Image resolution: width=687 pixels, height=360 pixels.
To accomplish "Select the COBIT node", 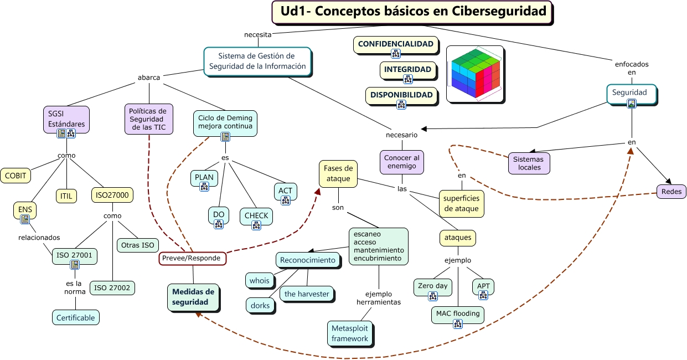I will (16, 176).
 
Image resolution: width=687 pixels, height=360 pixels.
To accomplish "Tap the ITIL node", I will (66, 196).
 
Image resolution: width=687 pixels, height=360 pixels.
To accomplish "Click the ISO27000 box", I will (112, 195).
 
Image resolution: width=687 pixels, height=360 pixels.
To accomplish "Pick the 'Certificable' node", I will (76, 317).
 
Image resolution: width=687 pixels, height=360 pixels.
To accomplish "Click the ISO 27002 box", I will (112, 287).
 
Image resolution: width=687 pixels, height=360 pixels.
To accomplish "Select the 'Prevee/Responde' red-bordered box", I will (192, 258).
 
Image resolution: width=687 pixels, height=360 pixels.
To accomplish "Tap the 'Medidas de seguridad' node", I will (193, 297).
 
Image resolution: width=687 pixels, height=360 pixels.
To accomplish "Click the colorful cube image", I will (475, 74).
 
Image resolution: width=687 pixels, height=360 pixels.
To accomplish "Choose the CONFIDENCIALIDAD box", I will (395, 44).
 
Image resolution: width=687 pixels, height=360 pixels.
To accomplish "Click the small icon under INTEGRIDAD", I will (408, 79).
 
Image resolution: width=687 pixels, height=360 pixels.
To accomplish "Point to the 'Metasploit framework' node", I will (350, 333).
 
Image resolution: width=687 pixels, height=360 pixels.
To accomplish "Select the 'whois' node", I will (259, 281).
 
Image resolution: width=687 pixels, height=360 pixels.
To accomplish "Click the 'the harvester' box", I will (307, 294).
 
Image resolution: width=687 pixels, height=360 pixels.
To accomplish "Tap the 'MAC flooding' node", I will (458, 314).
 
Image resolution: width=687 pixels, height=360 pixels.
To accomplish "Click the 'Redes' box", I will (671, 192).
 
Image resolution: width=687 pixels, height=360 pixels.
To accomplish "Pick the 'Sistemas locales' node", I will (529, 163).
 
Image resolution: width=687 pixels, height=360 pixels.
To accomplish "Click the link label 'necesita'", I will (257, 34).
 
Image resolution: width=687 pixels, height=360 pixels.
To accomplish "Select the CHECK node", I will (256, 216).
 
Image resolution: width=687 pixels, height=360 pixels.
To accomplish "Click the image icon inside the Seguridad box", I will (632, 103).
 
